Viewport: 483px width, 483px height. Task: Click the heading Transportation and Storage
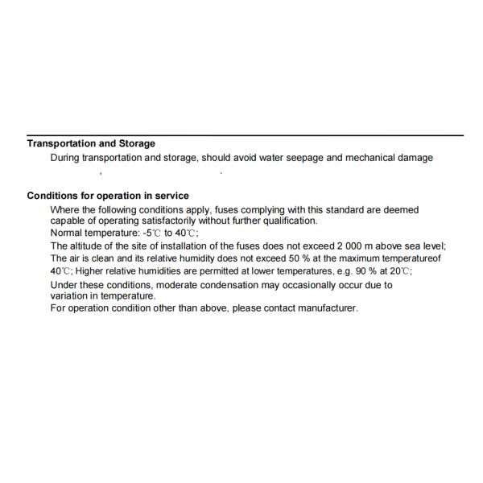coord(91,143)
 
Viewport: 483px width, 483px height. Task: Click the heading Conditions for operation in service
coord(108,196)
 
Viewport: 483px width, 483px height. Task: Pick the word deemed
coord(401,210)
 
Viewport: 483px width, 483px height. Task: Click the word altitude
coord(89,246)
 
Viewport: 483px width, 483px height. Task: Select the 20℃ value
coord(414,271)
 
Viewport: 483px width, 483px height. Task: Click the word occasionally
coord(295,285)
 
